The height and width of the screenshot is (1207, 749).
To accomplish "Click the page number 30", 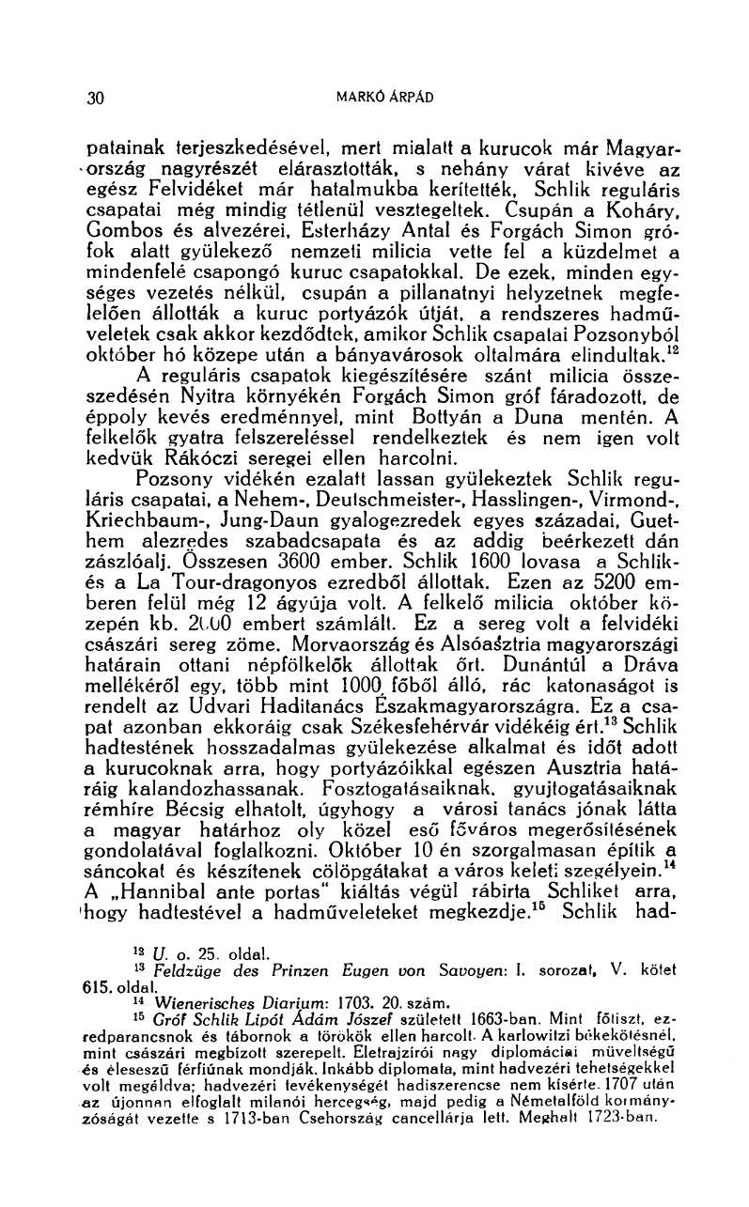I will point(94,97).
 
